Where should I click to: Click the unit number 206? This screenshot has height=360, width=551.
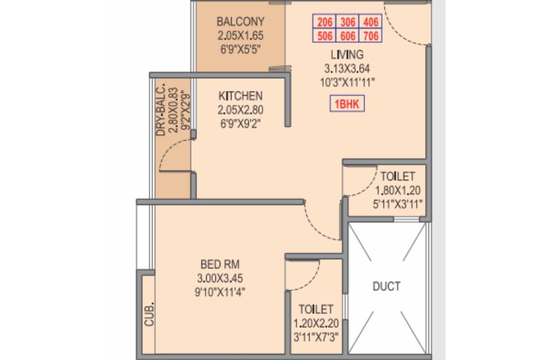tap(325, 24)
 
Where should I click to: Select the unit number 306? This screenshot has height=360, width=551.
tap(347, 24)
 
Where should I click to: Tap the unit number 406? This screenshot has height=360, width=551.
tap(370, 24)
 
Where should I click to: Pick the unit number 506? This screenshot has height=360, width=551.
tap(325, 37)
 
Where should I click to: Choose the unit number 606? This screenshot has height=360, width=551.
tap(347, 37)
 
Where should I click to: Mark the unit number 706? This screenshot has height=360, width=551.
tap(370, 37)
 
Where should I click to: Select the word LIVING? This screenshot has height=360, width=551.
tap(347, 55)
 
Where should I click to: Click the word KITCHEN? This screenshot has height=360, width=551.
tap(240, 96)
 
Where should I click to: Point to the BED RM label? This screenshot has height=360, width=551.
tap(216, 264)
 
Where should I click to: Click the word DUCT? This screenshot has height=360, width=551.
tap(386, 286)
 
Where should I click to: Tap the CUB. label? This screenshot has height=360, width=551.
tap(150, 313)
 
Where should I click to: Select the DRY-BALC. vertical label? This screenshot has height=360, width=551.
tap(161, 111)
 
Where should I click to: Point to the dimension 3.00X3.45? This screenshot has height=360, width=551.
tap(216, 278)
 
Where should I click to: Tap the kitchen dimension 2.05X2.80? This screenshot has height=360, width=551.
tap(240, 109)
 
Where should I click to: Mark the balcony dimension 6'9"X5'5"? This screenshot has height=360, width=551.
tap(240, 49)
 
